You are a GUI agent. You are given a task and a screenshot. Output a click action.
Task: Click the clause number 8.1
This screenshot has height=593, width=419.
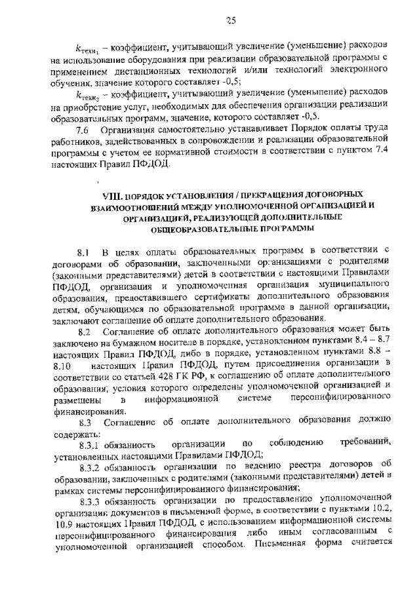tap(83, 251)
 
